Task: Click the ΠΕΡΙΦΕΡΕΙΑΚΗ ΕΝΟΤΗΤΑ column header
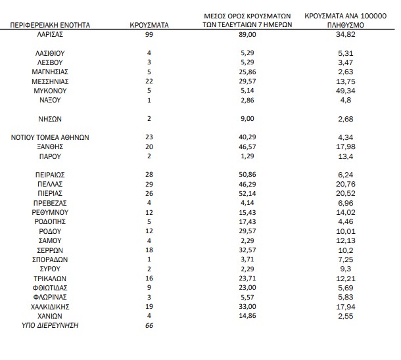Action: pyautogui.click(x=51, y=24)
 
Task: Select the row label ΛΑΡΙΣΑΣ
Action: pyautogui.click(x=51, y=34)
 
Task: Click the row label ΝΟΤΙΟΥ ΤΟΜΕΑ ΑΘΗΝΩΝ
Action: pyautogui.click(x=51, y=137)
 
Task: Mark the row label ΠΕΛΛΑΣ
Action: pyautogui.click(x=51, y=185)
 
